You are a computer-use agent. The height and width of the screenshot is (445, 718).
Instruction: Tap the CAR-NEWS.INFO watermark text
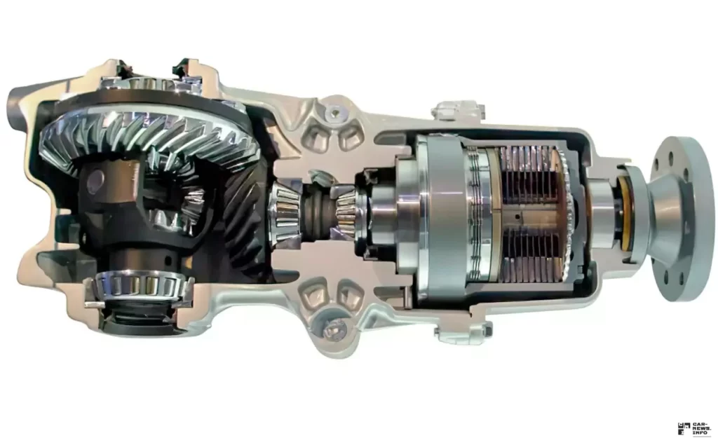(x=700, y=428)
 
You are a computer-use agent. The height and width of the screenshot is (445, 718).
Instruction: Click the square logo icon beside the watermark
(x=684, y=429)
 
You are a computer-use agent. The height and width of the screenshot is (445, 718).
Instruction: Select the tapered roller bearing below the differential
(x=140, y=285)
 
